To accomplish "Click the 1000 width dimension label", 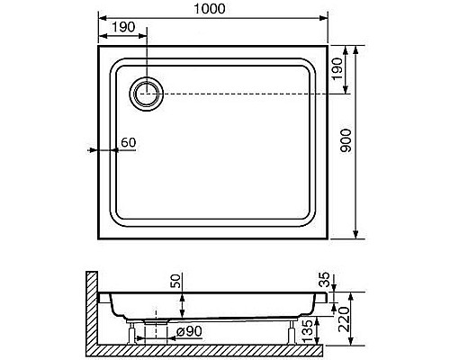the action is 210,9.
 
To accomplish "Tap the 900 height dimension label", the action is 346,140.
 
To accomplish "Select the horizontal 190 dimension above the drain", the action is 123,27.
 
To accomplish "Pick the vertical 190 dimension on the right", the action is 337,68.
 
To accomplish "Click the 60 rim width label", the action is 129,142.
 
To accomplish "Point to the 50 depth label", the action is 176,281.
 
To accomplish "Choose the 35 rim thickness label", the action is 325,279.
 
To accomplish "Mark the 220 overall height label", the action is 344,319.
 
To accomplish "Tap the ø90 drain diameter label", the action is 189,331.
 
